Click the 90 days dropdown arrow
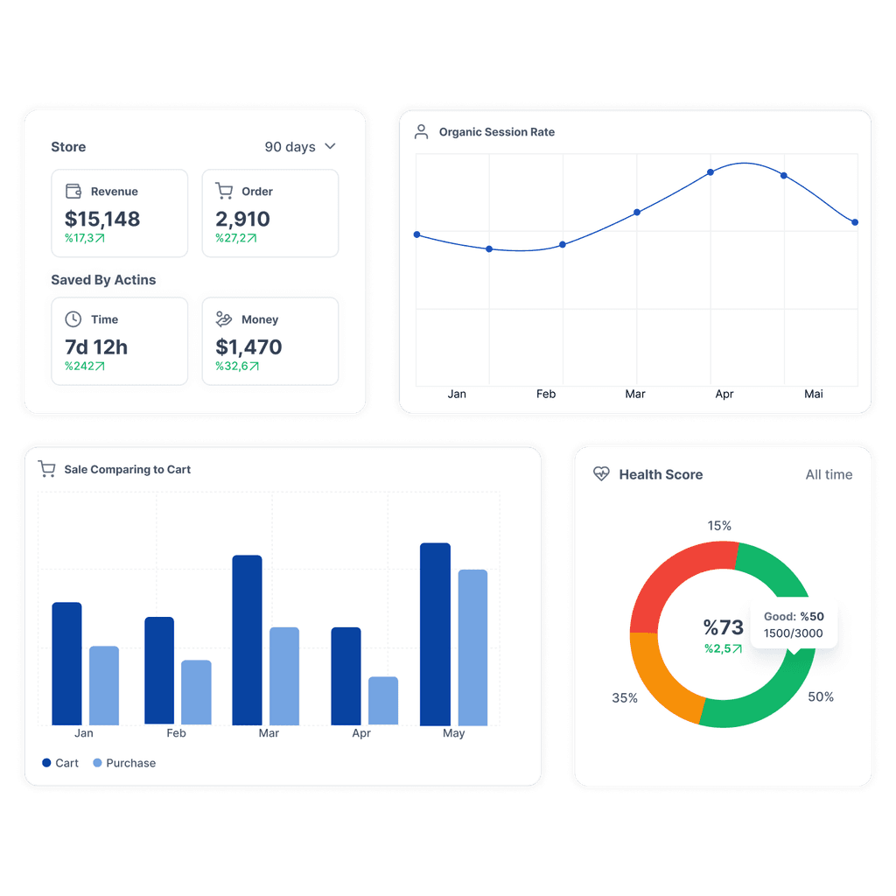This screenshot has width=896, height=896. click(330, 146)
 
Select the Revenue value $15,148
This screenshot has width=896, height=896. click(102, 219)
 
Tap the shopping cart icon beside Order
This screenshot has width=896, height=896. click(224, 191)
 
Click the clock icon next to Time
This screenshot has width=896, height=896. click(73, 318)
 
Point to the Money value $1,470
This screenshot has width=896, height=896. click(248, 346)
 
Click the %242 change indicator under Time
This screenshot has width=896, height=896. click(85, 366)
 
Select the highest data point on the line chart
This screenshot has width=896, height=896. click(710, 172)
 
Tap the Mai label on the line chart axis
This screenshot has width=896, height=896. click(813, 394)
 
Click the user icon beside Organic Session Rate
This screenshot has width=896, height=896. click(421, 132)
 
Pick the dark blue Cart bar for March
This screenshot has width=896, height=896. click(247, 640)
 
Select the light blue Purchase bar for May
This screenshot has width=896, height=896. click(472, 647)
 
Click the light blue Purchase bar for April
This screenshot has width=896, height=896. click(383, 701)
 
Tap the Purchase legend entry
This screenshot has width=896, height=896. click(124, 763)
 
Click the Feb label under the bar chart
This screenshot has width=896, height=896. click(176, 733)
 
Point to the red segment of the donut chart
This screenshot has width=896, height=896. click(675, 583)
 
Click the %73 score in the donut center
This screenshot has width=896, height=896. click(723, 627)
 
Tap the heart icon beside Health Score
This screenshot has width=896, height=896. click(601, 473)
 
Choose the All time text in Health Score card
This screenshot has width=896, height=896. click(829, 474)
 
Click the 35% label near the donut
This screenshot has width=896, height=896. click(625, 697)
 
